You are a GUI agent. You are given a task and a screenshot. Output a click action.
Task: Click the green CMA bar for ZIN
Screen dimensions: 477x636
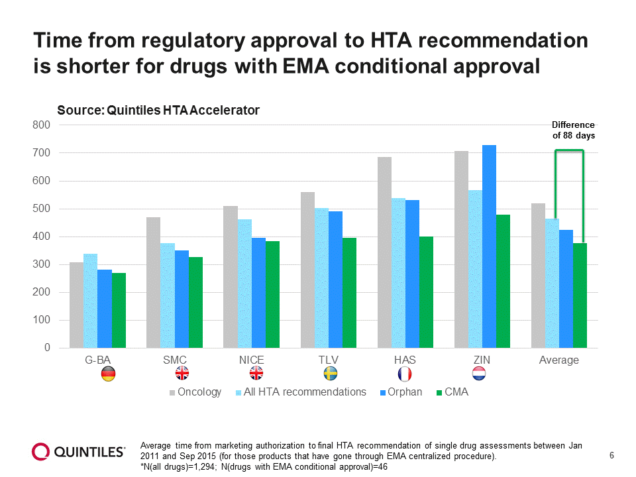(503, 281)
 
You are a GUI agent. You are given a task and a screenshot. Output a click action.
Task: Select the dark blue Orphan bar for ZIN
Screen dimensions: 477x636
(489, 246)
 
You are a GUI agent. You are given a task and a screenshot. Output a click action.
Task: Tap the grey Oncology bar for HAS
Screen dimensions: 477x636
(384, 252)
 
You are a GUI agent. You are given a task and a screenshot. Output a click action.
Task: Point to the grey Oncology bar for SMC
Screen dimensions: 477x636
(153, 282)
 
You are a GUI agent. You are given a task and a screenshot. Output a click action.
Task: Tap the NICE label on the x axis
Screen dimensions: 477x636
(252, 360)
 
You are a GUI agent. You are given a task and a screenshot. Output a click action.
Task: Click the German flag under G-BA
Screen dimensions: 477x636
(108, 374)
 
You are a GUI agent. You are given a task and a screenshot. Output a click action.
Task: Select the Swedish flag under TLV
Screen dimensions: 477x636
(330, 374)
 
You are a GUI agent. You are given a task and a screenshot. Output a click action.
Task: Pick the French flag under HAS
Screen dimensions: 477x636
(405, 374)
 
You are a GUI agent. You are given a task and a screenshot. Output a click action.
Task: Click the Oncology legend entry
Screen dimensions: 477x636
(195, 392)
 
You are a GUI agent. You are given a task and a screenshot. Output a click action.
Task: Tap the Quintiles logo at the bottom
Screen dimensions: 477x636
(79, 452)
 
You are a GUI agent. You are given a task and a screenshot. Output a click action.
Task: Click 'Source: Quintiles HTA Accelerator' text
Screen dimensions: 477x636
(158, 111)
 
